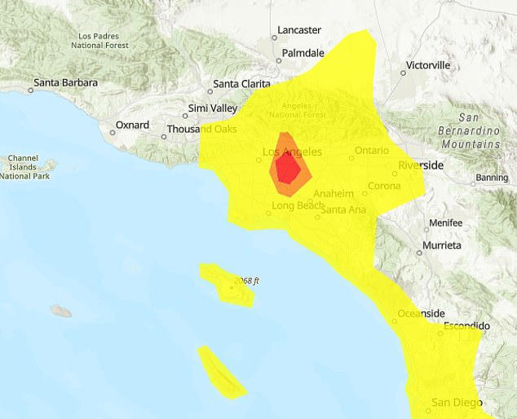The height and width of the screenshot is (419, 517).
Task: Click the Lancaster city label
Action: [x=298, y=30]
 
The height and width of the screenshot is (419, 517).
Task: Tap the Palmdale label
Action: [x=303, y=53]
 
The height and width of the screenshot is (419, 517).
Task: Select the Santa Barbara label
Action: [x=65, y=83]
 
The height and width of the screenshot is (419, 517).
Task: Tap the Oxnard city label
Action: [x=131, y=126]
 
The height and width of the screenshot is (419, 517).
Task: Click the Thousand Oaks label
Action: [x=201, y=130]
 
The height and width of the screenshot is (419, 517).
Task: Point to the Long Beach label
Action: [x=298, y=206]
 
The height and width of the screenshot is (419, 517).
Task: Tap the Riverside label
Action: [x=421, y=165]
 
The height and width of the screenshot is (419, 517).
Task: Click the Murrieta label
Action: [x=441, y=245]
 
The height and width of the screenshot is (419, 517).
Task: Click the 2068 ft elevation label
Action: [x=246, y=281]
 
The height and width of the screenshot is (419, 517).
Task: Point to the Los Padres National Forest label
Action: [x=106, y=41]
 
